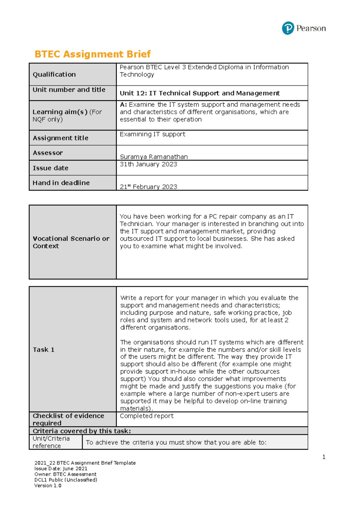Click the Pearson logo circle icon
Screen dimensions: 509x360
pos(288,28)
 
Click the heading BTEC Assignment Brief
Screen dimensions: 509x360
pos(92,54)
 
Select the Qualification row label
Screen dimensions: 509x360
pos(54,74)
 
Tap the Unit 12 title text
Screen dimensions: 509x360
pos(199,93)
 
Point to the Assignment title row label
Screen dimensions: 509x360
pos(61,138)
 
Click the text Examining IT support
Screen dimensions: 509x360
pos(152,134)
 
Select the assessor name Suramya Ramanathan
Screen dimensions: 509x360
pos(154,156)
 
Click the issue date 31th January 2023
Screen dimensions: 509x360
pos(148,164)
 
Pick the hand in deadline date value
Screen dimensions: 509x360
pos(148,187)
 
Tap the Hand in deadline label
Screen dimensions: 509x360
pos(61,183)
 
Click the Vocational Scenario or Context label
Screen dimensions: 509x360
pos(71,242)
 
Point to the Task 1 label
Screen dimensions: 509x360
pos(43,350)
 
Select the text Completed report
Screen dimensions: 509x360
pos(147,416)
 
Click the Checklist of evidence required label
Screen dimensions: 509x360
pos(68,419)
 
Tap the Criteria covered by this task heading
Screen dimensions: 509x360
pos(82,431)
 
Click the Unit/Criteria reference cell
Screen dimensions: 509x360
pos(51,442)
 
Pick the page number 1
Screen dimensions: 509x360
pos(324,457)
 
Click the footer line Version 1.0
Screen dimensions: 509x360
pos(48,486)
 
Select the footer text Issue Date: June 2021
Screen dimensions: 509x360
pos(61,469)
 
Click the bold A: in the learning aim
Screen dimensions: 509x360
pos(123,105)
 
